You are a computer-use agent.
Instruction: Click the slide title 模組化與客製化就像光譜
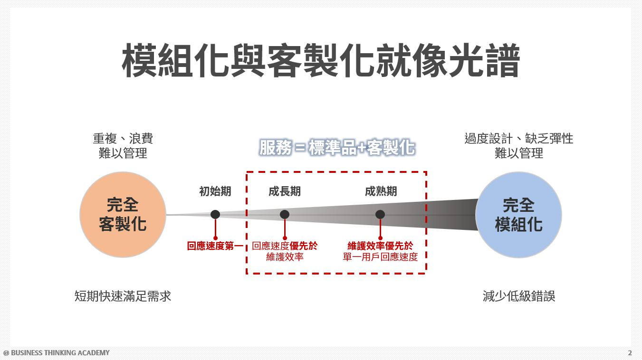[x=321, y=61]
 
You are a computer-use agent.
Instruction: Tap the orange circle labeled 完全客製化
[x=123, y=215]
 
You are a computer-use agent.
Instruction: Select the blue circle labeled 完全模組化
[x=518, y=215]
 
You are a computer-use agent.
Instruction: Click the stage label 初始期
[x=215, y=191]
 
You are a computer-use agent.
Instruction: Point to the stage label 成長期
[x=284, y=191]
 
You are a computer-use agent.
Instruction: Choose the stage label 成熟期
[x=381, y=191]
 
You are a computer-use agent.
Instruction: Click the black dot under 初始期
[x=215, y=215]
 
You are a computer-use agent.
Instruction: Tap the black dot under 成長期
[x=285, y=215]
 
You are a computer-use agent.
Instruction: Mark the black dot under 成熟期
[x=380, y=215]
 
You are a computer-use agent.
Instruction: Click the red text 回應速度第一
[x=215, y=246]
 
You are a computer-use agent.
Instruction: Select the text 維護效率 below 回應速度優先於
[x=285, y=257]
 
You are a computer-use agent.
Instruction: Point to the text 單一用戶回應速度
[x=380, y=257]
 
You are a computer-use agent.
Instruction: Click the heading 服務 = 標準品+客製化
[x=337, y=148]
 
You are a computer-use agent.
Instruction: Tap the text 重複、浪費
[x=123, y=139]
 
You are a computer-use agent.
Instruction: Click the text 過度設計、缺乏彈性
[x=518, y=139]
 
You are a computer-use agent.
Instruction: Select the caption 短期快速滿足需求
[x=123, y=296]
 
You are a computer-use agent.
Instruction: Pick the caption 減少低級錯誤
[x=518, y=296]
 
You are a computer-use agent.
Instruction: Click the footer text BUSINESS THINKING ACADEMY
[x=60, y=353]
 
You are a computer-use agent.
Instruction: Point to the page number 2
[x=630, y=353]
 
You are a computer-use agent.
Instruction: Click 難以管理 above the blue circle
[x=518, y=153]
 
